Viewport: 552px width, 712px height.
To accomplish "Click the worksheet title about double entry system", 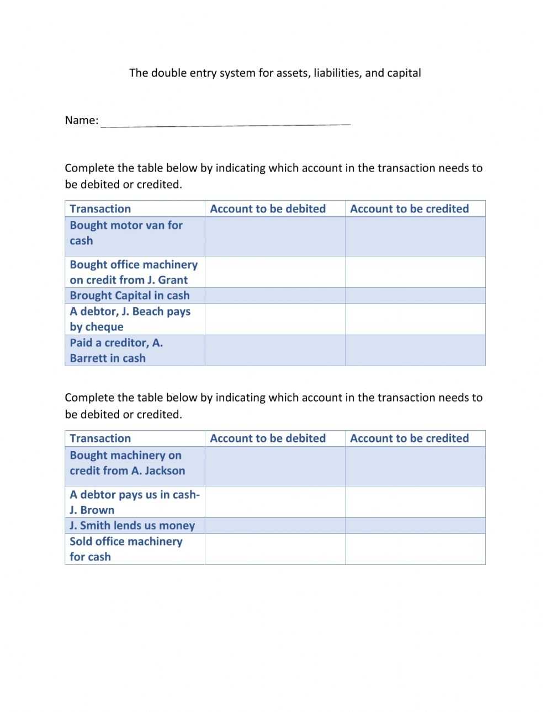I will [x=275, y=73].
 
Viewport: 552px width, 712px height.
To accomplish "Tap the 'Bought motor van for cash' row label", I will [x=126, y=233].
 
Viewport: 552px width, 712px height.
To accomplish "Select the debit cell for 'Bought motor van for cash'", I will [x=275, y=236].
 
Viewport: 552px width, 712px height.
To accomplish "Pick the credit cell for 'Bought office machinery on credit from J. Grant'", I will [x=415, y=272].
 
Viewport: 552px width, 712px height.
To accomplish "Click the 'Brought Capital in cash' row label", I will [x=130, y=296].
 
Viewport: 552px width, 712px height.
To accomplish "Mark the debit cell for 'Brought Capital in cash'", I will [x=275, y=296].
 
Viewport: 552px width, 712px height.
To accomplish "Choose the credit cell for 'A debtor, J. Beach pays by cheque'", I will [x=415, y=319].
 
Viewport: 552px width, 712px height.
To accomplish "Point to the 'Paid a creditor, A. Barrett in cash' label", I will [x=116, y=350].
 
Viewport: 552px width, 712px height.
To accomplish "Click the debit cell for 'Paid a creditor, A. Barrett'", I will [x=275, y=350].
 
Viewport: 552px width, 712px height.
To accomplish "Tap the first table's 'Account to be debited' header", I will [x=268, y=208].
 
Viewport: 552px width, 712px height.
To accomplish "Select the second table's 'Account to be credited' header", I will [x=409, y=438].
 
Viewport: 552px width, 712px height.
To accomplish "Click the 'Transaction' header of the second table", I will [x=100, y=438].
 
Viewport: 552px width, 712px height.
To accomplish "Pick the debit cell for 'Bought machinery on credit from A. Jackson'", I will [x=275, y=466].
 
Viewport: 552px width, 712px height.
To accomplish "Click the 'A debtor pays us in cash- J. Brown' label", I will [x=134, y=502].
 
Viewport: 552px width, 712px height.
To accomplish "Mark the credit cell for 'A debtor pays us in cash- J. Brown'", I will [x=415, y=502].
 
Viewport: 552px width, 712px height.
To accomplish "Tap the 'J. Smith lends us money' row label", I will [x=132, y=526].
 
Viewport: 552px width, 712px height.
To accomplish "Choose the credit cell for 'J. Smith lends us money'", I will [x=415, y=526].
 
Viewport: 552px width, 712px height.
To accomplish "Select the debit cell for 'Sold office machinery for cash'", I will [x=275, y=549].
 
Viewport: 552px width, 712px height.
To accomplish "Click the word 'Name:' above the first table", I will [x=82, y=120].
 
